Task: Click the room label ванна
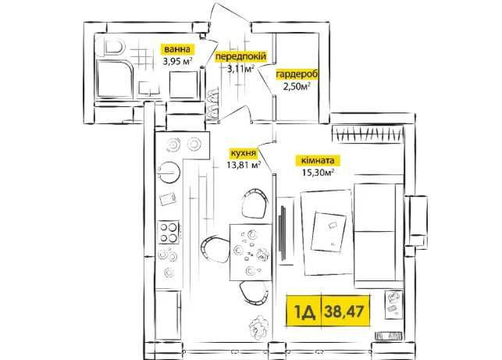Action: [177, 49]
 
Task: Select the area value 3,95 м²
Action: [177, 61]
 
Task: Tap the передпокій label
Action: [240, 56]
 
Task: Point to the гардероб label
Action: [297, 74]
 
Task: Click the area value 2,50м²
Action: [297, 86]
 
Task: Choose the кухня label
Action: [242, 153]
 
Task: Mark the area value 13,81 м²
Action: [243, 165]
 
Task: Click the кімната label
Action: [316, 160]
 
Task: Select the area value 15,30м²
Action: [318, 173]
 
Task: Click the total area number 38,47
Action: [344, 311]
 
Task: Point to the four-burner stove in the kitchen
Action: [169, 233]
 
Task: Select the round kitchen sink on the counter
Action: [169, 172]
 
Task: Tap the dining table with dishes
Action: [251, 251]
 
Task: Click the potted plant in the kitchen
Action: [258, 326]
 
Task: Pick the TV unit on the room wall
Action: [283, 232]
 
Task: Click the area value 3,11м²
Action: [240, 68]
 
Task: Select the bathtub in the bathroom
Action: [115, 79]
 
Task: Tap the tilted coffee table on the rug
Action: [329, 231]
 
